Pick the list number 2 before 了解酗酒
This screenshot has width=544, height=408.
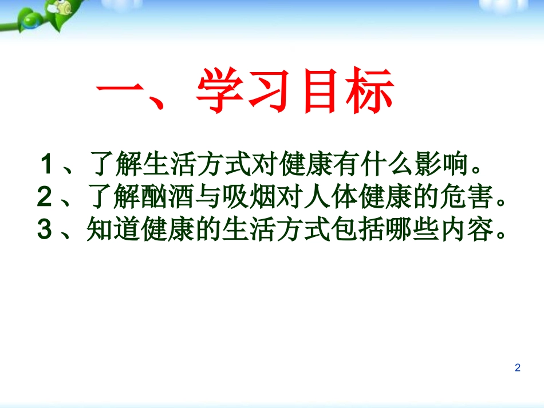[x=45, y=198]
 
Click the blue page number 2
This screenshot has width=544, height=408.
[x=518, y=368]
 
